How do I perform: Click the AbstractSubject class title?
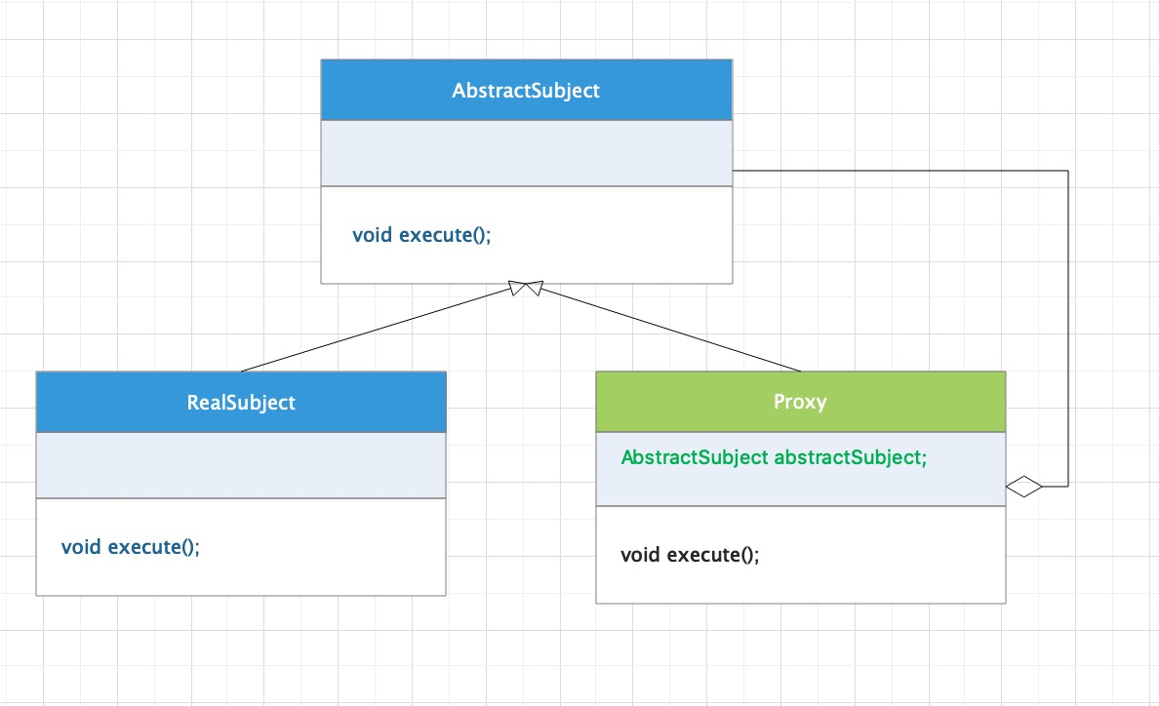pos(526,91)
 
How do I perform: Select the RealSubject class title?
pos(241,403)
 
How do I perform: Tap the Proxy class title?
pos(800,402)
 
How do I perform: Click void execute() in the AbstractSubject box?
pos(421,235)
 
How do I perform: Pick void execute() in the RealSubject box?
pos(130,546)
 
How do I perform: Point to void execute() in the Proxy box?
pos(690,555)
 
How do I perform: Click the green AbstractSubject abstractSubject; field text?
pos(774,458)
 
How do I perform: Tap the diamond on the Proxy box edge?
pos(1023,487)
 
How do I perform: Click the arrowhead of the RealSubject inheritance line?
pos(517,288)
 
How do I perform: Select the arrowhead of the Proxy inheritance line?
pos(535,288)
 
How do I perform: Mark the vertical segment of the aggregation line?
pos(1068,329)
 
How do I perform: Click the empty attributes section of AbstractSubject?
pos(526,153)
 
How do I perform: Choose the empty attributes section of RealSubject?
pos(241,465)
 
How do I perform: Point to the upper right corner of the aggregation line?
pos(1068,171)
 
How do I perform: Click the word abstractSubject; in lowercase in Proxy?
pos(850,458)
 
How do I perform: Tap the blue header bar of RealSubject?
pos(241,402)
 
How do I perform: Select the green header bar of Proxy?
pos(801,402)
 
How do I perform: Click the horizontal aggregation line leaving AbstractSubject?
pos(900,171)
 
